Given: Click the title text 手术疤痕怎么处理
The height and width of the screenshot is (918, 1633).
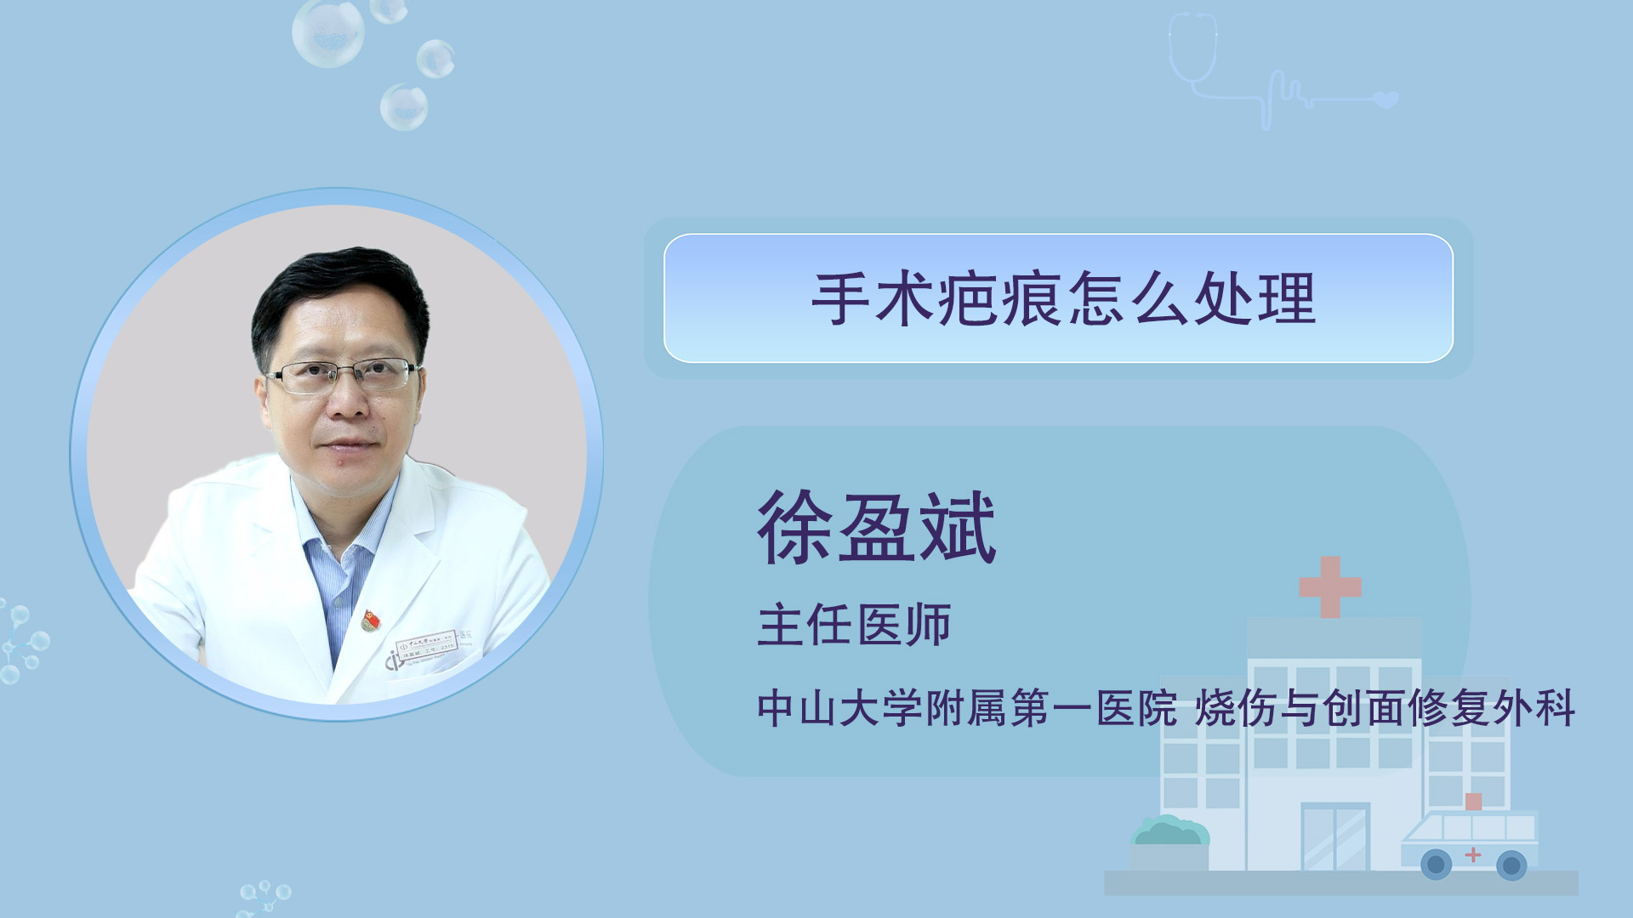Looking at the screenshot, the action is pos(1064,299).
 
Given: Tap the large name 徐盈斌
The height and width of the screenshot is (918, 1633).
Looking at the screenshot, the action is pos(877,528).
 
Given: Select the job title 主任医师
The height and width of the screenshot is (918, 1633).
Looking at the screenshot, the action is pos(854,625).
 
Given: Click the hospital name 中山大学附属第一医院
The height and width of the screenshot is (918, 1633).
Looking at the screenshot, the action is pos(967,708).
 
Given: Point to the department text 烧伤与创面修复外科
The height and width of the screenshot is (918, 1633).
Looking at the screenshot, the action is pos(1385,708).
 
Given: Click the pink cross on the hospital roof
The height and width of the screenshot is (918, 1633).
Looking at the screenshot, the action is pos(1330,586).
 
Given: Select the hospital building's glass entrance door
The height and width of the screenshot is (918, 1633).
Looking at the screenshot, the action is pos(1335,837).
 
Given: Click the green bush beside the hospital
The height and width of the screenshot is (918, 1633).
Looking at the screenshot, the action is pos(1169,830).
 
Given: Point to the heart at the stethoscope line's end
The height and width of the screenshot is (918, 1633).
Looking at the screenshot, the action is pos(1386,100).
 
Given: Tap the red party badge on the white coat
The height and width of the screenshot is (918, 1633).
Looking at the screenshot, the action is pos(370,620).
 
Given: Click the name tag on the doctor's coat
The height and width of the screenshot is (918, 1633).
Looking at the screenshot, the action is pos(426,647).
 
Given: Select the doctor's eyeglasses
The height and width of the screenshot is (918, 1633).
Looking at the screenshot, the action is pos(344,374).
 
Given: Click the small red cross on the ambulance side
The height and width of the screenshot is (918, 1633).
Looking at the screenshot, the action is pos(1473,854).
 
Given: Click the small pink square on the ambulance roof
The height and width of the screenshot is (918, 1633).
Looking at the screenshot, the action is pos(1474,802).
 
